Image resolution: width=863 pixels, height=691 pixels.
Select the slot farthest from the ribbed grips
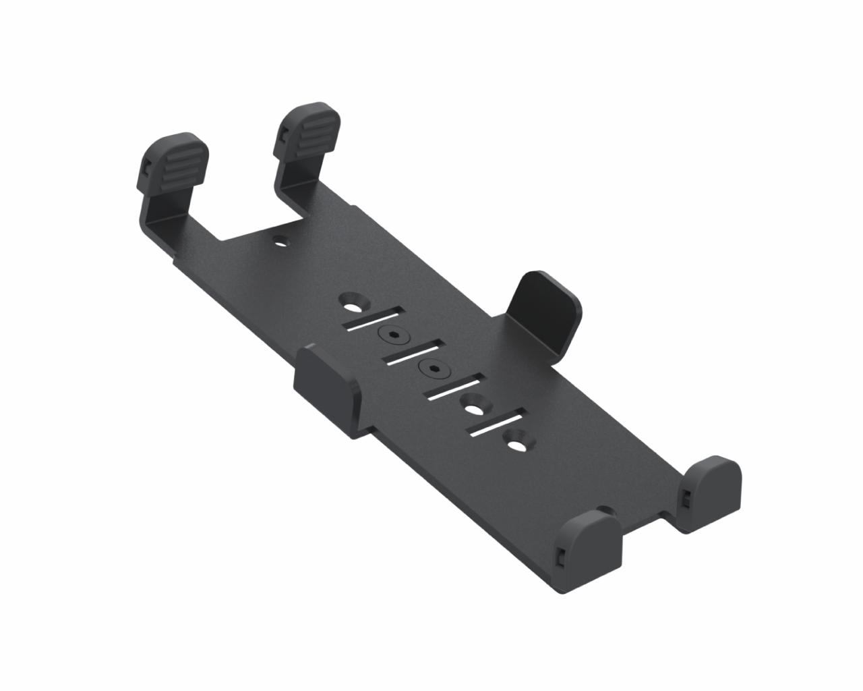tap(498, 423)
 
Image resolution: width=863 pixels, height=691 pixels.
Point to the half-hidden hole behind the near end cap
tap(605, 511)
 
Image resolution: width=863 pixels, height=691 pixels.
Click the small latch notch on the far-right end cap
tap(685, 498)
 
